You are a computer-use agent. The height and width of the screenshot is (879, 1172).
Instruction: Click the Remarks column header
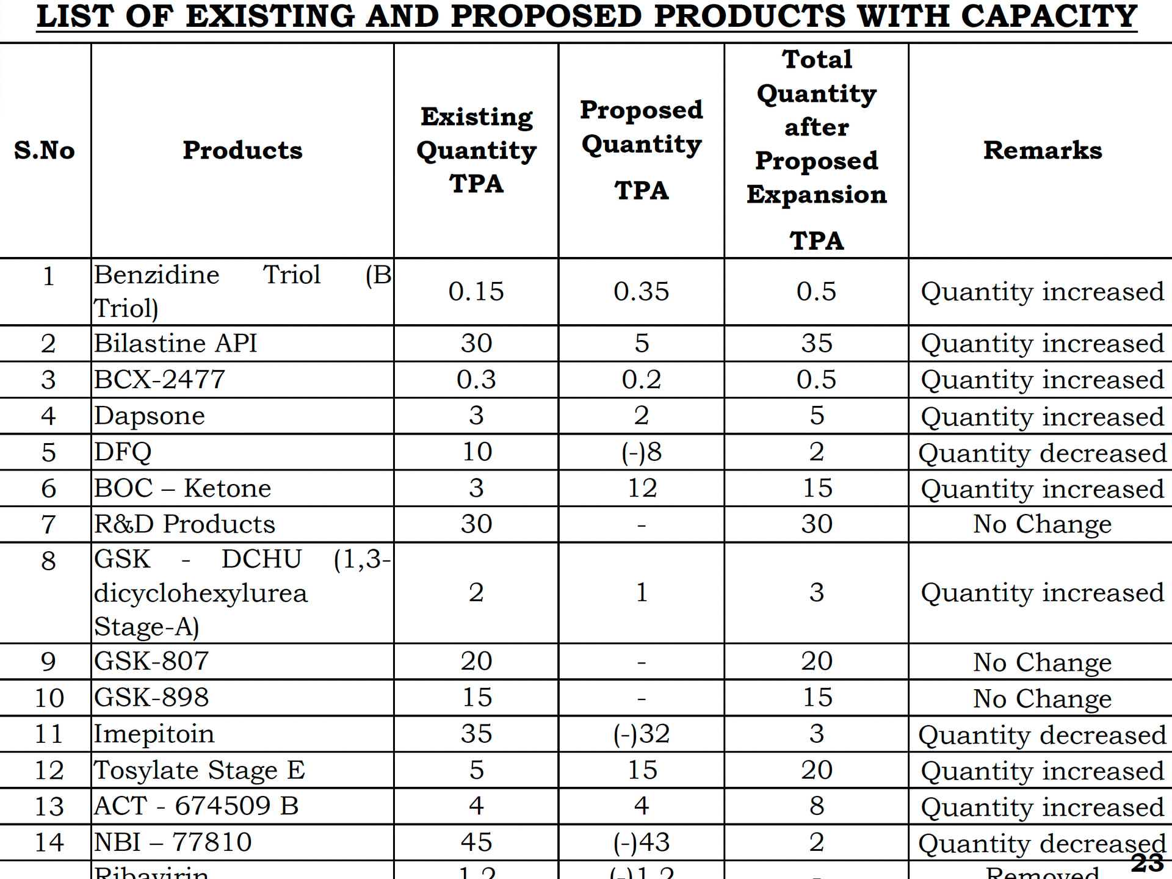click(1042, 150)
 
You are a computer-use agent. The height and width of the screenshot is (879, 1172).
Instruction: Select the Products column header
click(242, 150)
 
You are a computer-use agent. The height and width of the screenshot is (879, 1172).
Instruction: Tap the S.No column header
click(45, 150)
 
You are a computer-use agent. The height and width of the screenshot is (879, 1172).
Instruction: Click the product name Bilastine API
click(175, 343)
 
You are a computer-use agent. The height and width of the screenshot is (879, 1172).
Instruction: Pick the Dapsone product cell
click(150, 416)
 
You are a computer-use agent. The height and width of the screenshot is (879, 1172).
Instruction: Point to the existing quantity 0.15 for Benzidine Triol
click(476, 291)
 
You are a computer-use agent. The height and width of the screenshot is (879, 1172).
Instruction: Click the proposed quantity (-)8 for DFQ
click(641, 452)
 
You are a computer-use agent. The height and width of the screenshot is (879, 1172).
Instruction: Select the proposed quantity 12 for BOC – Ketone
click(642, 488)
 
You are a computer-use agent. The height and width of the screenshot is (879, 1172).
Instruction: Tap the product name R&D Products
click(184, 524)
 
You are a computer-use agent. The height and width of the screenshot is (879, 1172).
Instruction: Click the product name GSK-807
click(151, 661)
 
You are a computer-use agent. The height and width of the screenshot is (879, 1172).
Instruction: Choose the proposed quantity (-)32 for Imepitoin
click(642, 734)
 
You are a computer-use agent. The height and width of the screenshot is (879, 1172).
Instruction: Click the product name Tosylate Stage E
click(199, 770)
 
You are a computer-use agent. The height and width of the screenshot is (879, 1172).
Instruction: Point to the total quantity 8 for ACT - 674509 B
click(817, 806)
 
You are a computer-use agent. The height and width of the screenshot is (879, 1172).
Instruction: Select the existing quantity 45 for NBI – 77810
click(476, 842)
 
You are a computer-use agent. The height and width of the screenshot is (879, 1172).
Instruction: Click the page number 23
click(1147, 863)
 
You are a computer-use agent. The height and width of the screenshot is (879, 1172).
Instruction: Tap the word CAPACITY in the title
click(1049, 16)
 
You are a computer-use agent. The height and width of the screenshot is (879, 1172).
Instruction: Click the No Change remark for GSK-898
click(1042, 698)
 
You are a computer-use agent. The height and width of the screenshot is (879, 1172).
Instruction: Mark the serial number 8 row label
click(48, 561)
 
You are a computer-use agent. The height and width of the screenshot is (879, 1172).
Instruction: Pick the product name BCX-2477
click(159, 380)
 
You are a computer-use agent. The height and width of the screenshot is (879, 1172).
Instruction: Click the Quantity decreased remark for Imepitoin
click(1042, 735)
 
